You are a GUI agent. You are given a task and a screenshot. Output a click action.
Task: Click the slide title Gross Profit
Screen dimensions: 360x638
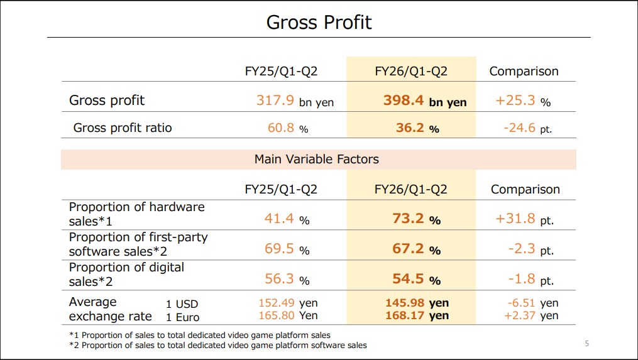click(319, 23)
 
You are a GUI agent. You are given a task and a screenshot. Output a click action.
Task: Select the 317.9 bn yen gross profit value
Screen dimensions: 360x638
click(295, 101)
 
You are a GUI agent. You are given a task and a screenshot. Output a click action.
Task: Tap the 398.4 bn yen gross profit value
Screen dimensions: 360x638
click(425, 101)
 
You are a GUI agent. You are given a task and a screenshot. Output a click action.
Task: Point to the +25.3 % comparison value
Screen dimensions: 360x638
click(523, 101)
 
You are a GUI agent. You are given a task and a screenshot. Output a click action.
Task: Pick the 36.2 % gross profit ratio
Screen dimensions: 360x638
click(417, 128)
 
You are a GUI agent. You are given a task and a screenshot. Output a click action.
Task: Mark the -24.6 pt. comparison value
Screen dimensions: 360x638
click(527, 128)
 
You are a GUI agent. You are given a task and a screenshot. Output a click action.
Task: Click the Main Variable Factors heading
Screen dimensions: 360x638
click(316, 159)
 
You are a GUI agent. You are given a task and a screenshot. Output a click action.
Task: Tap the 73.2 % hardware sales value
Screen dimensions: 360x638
click(417, 219)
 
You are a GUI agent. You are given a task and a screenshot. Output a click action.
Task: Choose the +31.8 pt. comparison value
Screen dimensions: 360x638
click(524, 219)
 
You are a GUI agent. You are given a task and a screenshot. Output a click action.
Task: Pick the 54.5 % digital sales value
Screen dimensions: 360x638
click(417, 279)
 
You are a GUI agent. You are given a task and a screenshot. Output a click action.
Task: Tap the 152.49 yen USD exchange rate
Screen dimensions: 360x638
click(288, 303)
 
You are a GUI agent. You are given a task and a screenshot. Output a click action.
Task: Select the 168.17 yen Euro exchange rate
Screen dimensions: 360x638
click(417, 315)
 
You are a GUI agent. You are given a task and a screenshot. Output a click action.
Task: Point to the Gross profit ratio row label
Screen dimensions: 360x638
click(123, 128)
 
